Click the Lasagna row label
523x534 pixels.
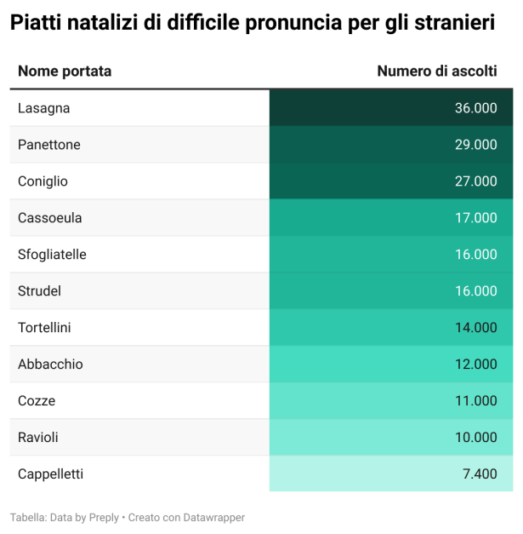(x=43, y=108)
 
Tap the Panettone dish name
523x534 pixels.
(x=49, y=145)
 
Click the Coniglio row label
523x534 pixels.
(x=43, y=181)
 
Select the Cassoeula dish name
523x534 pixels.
(x=50, y=218)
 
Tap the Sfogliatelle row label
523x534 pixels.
(x=52, y=255)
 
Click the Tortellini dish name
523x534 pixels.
(x=44, y=328)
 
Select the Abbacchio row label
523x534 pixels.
(x=50, y=365)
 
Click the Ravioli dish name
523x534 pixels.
(x=38, y=438)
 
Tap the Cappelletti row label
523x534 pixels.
(x=50, y=474)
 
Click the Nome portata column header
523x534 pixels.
(x=65, y=72)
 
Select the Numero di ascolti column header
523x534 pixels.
(x=437, y=72)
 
